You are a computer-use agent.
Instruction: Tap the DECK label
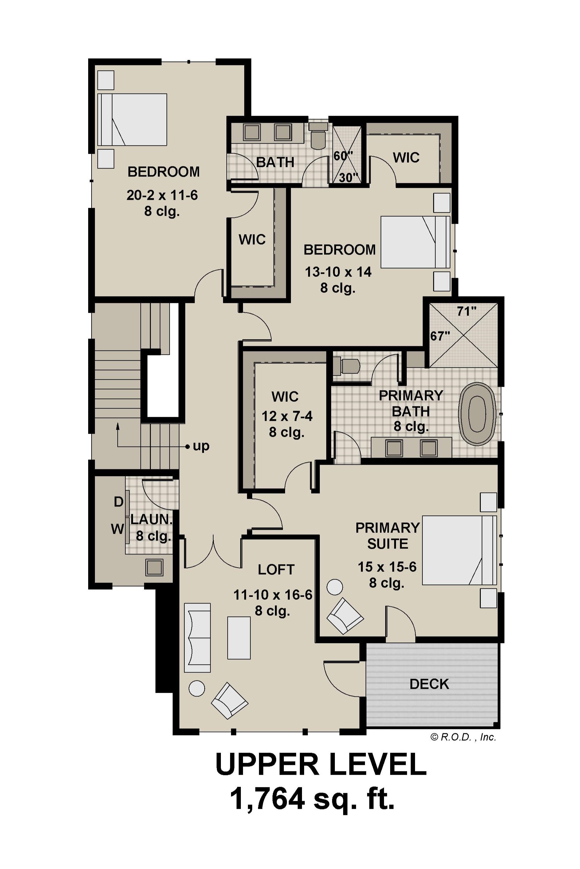tap(429, 684)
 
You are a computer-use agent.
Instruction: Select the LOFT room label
tap(276, 570)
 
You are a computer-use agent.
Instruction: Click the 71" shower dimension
tap(466, 312)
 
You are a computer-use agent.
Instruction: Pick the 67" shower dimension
tap(440, 336)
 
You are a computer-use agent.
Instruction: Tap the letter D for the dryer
tap(118, 502)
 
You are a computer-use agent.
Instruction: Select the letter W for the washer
tap(117, 530)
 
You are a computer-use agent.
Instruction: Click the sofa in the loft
tap(198, 638)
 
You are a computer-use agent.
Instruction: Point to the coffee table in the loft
tap(239, 638)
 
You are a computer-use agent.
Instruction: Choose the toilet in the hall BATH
tap(318, 135)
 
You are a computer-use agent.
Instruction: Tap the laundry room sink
tap(154, 567)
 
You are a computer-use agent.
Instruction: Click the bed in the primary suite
tap(459, 550)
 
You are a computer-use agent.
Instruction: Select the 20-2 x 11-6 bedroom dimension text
tap(163, 195)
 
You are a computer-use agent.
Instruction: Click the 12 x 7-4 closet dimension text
tap(287, 416)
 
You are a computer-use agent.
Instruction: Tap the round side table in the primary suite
tap(335, 587)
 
